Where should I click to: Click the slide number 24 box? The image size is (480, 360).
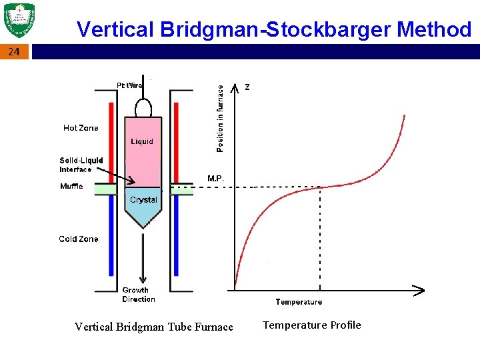[x=15, y=52]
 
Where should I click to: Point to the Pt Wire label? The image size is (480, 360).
[x=129, y=85]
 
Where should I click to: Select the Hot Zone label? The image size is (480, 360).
[x=81, y=128]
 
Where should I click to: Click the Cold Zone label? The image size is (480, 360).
[x=79, y=239]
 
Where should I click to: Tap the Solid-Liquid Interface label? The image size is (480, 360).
[x=81, y=165]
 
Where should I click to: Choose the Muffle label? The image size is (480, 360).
[x=71, y=186]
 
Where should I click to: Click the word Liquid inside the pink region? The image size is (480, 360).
[x=141, y=141]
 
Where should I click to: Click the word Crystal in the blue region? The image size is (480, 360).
[x=143, y=200]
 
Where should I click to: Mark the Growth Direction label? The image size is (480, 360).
[x=139, y=295]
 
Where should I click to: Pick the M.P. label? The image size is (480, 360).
[x=215, y=179]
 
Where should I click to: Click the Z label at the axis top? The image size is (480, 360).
[x=248, y=87]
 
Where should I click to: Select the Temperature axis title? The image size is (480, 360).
[x=299, y=302]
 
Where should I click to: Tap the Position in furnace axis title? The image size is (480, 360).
[x=220, y=117]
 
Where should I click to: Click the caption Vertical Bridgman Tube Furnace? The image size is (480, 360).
[x=154, y=327]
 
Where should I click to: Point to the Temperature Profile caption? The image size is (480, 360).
[x=311, y=325]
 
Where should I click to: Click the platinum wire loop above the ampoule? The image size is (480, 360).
[x=143, y=107]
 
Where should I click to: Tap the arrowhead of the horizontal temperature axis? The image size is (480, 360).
[x=419, y=290]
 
